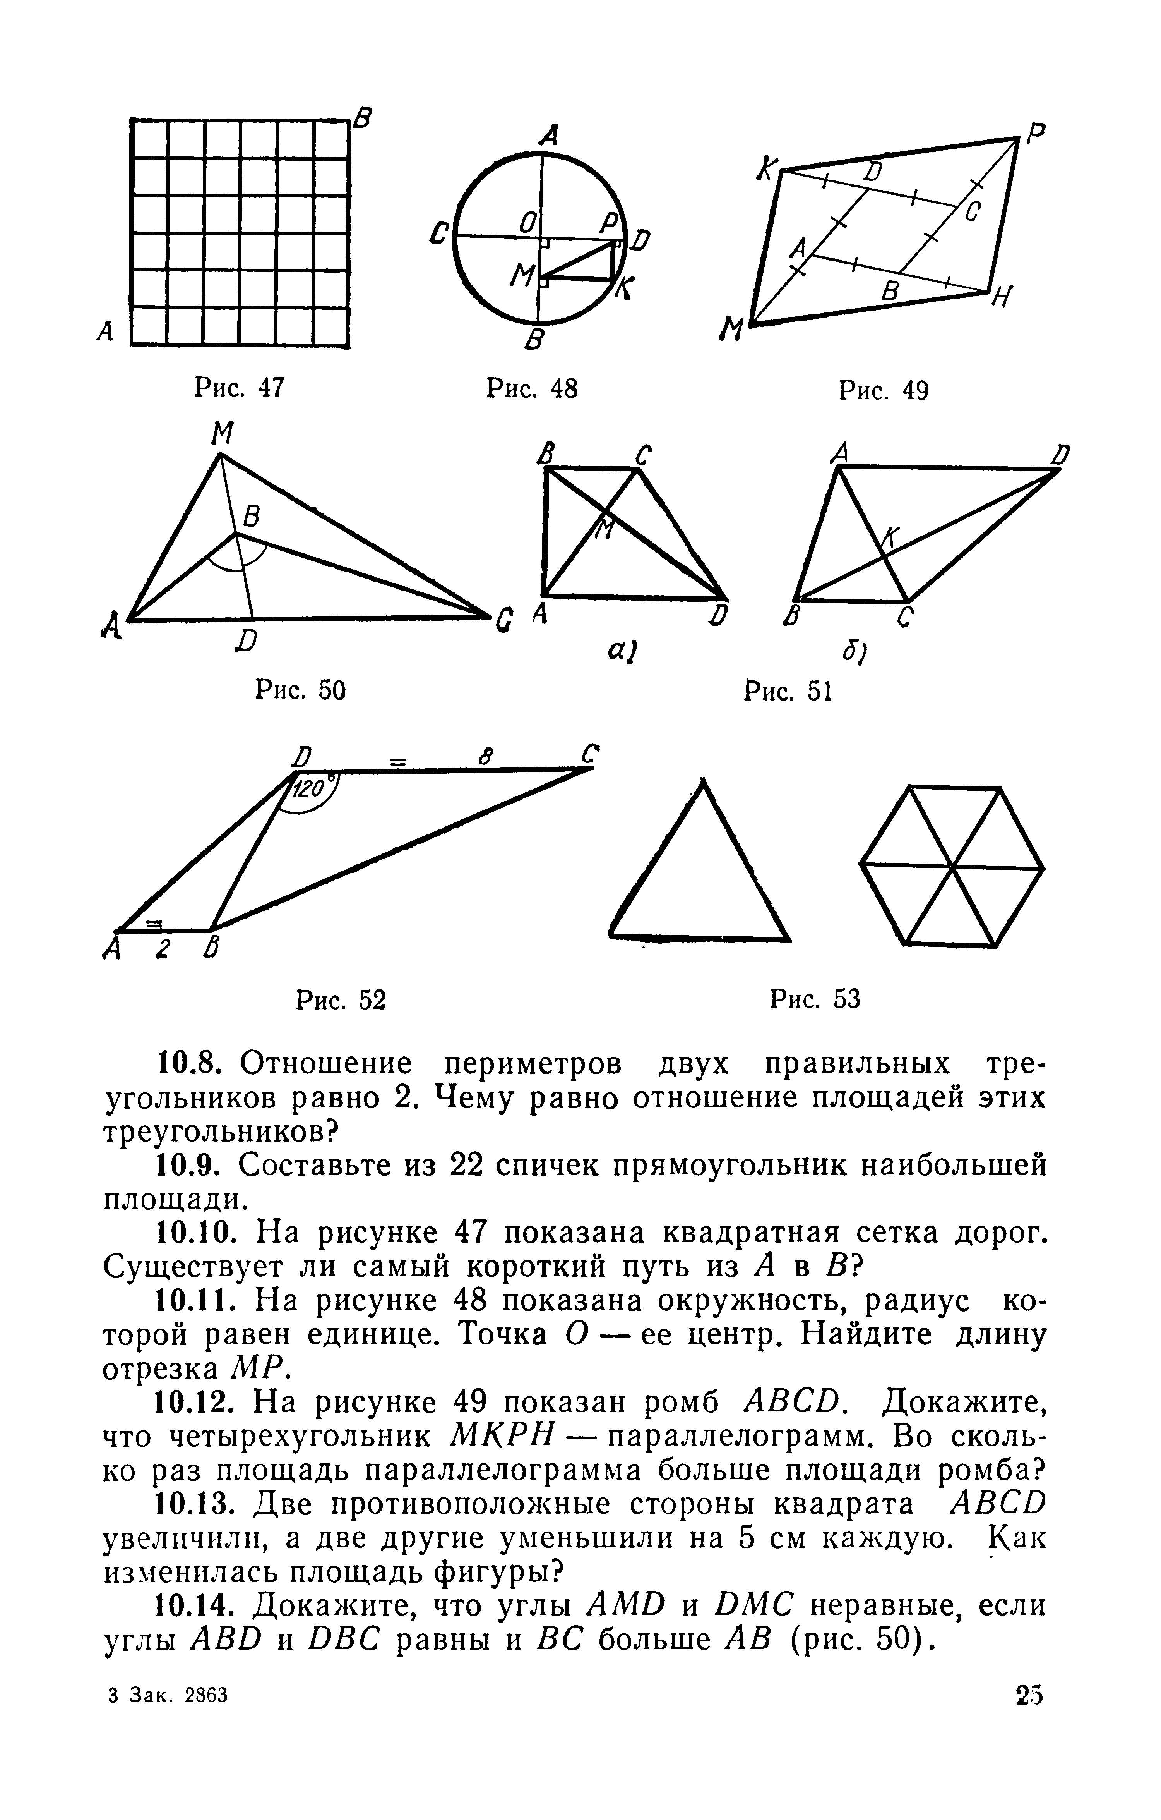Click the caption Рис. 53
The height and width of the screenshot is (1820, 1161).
pos(815,1000)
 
